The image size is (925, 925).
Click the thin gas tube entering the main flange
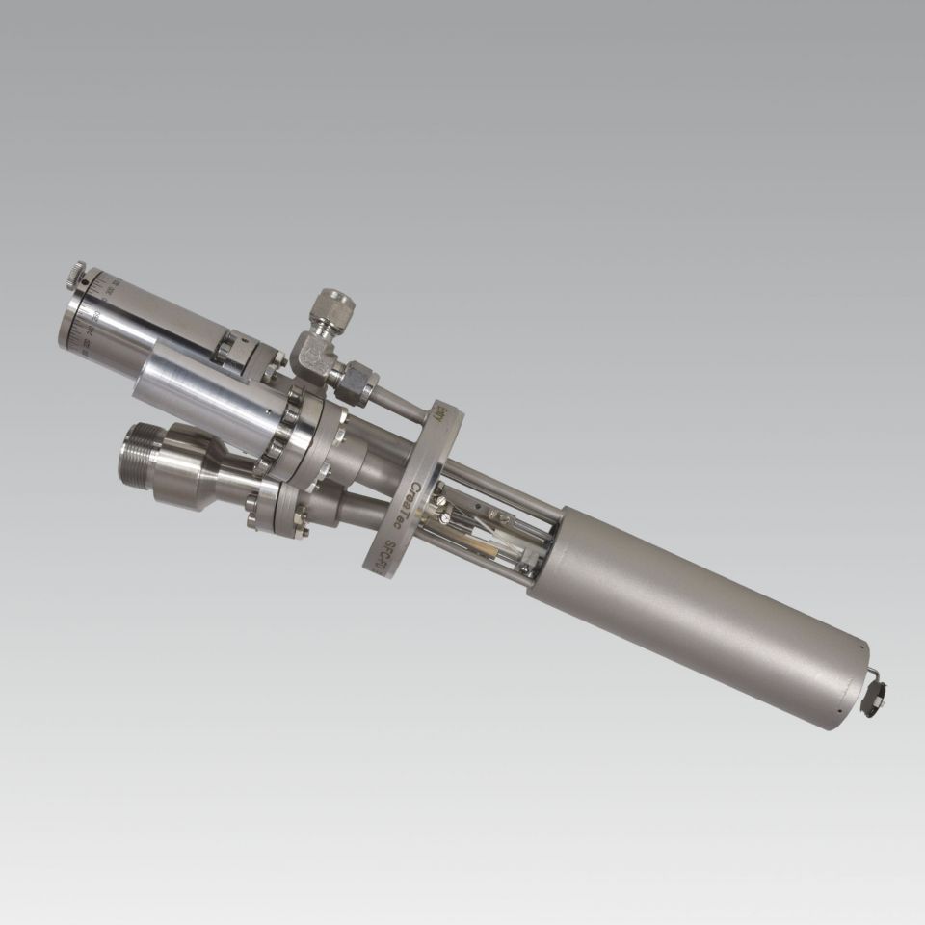click(x=400, y=400)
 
